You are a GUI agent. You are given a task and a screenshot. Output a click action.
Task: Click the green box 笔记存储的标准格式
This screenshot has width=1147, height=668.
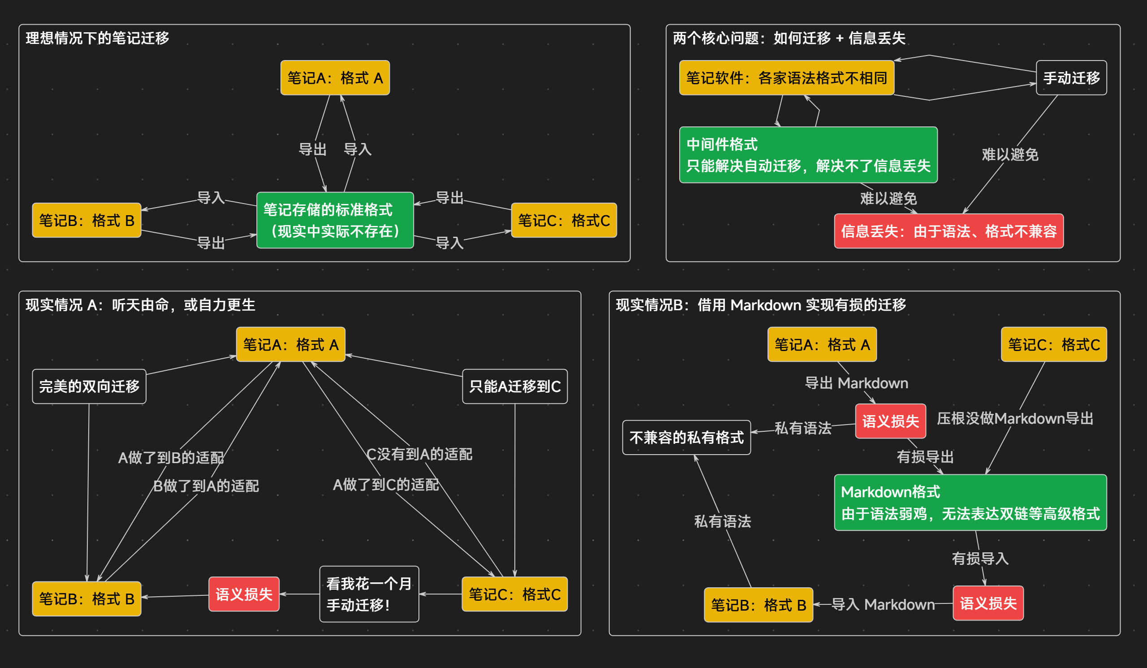[335, 221]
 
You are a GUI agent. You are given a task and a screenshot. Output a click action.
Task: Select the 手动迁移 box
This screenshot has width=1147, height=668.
[1071, 78]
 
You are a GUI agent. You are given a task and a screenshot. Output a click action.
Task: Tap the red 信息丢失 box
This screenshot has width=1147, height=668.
[949, 231]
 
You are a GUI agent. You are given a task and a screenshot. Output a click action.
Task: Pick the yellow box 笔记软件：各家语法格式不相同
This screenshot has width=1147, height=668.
[786, 78]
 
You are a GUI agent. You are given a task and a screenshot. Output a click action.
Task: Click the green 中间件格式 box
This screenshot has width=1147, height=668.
[808, 155]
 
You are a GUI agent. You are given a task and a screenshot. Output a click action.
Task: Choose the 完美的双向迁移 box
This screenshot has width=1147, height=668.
[89, 386]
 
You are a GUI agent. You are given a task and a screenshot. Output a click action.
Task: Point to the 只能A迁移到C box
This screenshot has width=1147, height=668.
[515, 386]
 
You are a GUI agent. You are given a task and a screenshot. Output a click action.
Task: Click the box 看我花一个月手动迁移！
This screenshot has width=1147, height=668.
[369, 594]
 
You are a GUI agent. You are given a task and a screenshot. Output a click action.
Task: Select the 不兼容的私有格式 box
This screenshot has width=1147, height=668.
[686, 438]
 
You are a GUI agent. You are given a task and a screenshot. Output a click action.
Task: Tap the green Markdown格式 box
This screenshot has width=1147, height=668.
[970, 503]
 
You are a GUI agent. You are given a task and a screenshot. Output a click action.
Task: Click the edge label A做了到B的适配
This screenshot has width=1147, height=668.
[171, 458]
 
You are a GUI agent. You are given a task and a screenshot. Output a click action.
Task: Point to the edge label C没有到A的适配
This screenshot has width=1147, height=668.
[419, 454]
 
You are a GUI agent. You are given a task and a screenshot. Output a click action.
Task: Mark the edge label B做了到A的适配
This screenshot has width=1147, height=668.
[206, 486]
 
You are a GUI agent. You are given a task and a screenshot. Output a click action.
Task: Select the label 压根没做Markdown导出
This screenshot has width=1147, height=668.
[1015, 418]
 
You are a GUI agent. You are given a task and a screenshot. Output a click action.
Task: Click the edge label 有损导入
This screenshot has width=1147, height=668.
[980, 559]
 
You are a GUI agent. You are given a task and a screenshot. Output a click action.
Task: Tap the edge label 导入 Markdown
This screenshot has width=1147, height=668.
[883, 604]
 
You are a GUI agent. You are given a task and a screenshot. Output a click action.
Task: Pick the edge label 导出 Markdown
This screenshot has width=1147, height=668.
[856, 383]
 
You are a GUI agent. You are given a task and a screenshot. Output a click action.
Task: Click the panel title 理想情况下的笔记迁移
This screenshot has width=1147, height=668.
[97, 38]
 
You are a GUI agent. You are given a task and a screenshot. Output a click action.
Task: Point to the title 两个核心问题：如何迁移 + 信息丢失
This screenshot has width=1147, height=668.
[789, 38]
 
